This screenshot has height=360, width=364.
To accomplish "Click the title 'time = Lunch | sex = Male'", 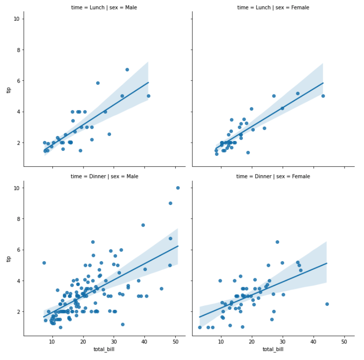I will pyautogui.click(x=104, y=8).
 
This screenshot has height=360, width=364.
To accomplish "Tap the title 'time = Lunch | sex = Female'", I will pyautogui.click(x=273, y=8).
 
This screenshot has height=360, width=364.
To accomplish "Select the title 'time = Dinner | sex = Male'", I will pyautogui.click(x=104, y=176).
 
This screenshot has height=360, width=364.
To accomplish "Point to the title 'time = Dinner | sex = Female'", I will pyautogui.click(x=273, y=176).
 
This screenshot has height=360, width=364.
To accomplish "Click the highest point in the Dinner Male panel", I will pyautogui.click(x=178, y=188).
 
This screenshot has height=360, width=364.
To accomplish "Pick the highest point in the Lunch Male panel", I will pyautogui.click(x=127, y=70).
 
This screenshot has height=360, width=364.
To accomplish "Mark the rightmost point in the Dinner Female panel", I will pyautogui.click(x=327, y=304).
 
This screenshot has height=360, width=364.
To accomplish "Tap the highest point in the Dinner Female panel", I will pyautogui.click(x=277, y=242).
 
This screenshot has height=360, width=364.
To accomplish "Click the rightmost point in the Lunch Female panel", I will pyautogui.click(x=323, y=96).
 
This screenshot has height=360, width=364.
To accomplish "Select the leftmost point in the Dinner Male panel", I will pyautogui.click(x=44, y=263).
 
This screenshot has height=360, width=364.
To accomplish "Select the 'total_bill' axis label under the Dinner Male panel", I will pyautogui.click(x=104, y=349).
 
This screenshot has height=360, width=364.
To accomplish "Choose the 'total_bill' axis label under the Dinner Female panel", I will pyautogui.click(x=273, y=349).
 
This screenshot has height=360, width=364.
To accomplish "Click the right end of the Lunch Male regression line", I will pyautogui.click(x=148, y=83).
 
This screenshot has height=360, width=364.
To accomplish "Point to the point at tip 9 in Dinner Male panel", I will pyautogui.click(x=170, y=203).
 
